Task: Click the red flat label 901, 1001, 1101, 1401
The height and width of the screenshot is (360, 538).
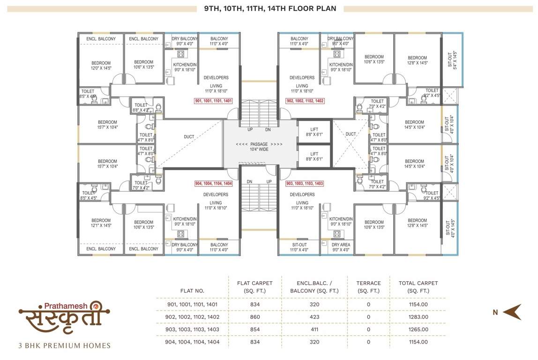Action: [213, 101]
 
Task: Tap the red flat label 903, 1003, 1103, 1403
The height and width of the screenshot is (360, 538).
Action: [305, 183]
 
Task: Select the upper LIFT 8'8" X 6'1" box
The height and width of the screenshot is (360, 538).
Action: [314, 132]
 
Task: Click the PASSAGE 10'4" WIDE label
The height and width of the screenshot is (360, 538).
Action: [259, 147]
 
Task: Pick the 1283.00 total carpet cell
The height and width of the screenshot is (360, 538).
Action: [418, 317]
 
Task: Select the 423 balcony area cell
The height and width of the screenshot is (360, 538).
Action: [314, 317]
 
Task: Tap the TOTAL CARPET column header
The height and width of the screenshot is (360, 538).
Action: [418, 287]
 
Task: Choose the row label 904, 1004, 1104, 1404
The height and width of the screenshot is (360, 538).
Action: [192, 342]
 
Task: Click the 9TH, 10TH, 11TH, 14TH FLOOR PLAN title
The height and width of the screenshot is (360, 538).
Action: [270, 8]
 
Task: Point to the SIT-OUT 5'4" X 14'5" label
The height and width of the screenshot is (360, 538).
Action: [452, 60]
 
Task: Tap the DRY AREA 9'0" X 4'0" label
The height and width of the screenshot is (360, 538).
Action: [341, 247]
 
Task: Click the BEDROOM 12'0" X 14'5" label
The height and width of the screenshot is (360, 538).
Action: [101, 66]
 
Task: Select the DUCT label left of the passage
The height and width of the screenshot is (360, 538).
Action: [189, 137]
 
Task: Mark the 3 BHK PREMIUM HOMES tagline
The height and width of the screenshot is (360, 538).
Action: [65, 346]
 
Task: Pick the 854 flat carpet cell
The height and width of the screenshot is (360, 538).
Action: [255, 330]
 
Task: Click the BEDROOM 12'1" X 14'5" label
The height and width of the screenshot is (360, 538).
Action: [101, 223]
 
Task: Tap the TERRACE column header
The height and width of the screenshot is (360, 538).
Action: [368, 287]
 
